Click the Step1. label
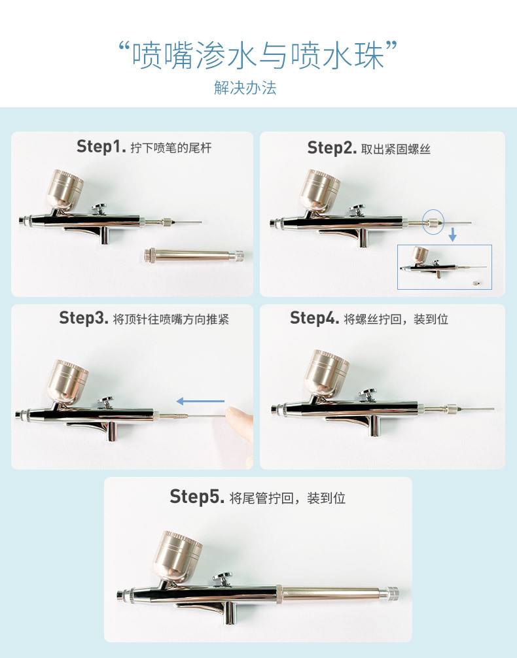pos(101,147)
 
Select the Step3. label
pos(84,319)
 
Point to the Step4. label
pos(315,319)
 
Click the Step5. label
pos(197,496)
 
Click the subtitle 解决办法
pos(245,88)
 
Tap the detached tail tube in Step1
pos(193,254)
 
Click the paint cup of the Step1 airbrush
pos(65,189)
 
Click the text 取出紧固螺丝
pos(396,150)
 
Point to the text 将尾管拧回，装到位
pos(287,498)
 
